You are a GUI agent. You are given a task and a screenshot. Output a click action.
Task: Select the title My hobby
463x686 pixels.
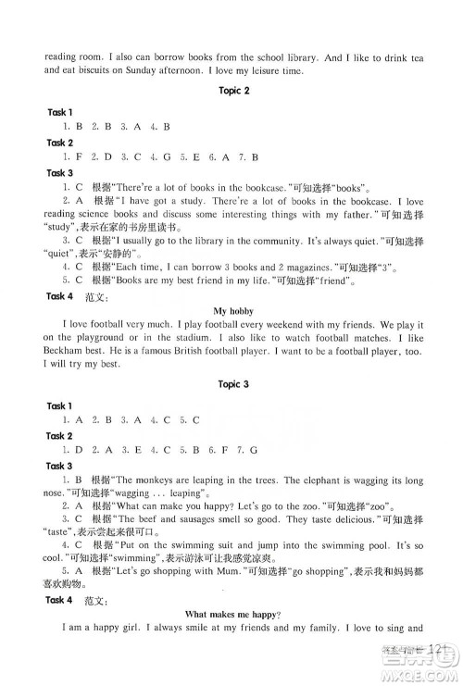coord(232,310)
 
